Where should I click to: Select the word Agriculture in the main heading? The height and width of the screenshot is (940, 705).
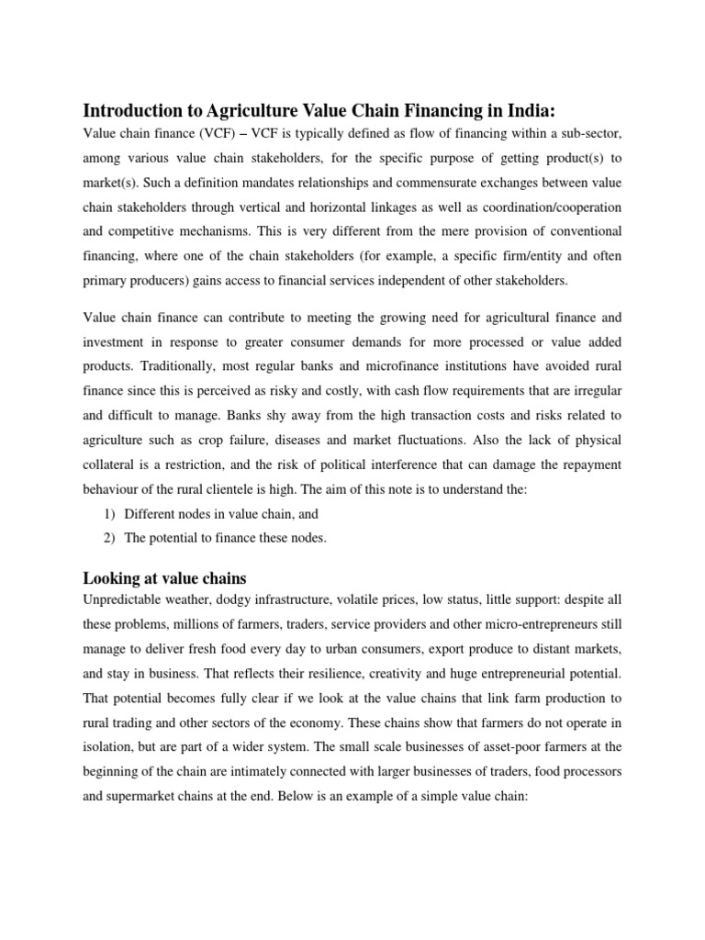[240, 111]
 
